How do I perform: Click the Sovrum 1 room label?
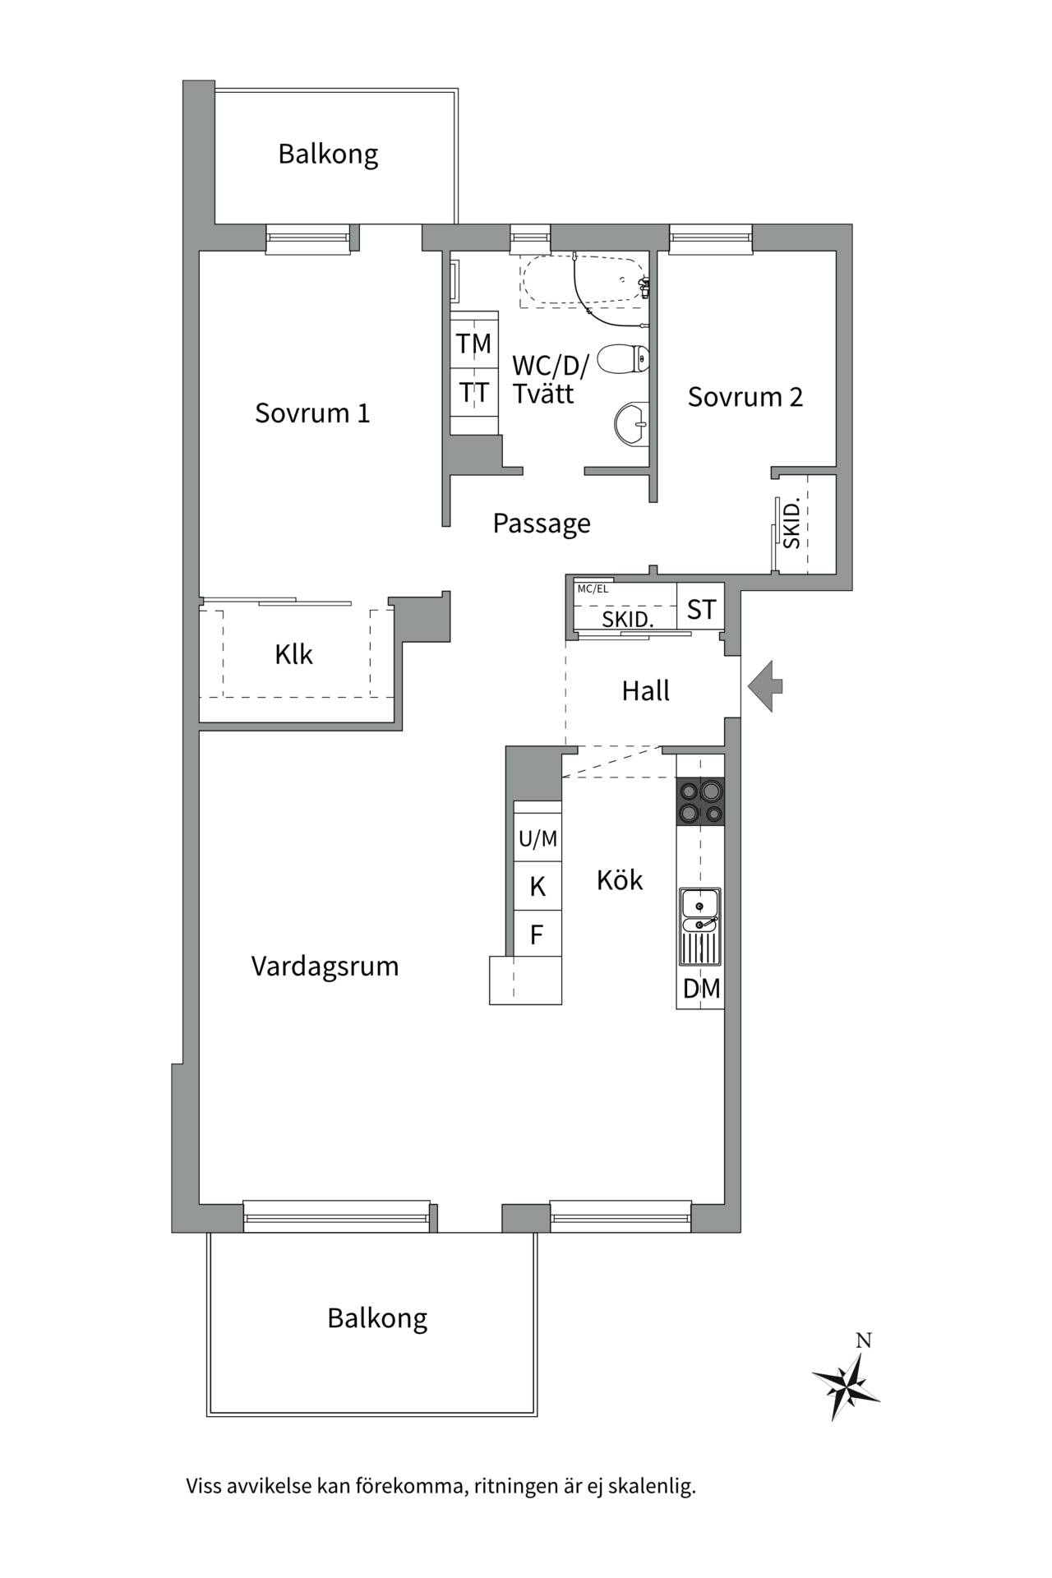coord(312,413)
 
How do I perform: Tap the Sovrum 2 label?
coord(745,397)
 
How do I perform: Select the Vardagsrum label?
coord(325,967)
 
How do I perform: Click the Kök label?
coord(620,880)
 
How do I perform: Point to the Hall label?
coord(645,691)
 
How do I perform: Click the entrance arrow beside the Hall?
coord(765,686)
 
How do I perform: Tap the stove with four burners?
coord(700,801)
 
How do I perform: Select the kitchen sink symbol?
coord(699,926)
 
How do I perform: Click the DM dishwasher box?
coord(700,989)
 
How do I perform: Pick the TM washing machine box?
coord(474,344)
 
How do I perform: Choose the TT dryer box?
coord(474,393)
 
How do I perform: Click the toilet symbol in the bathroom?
coord(623,359)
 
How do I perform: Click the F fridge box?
coord(538,934)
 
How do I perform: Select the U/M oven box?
coord(538,839)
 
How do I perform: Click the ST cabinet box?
coord(701,610)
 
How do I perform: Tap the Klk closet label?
coord(293,655)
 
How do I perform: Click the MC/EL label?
coord(593,589)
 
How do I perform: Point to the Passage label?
coord(542,524)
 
